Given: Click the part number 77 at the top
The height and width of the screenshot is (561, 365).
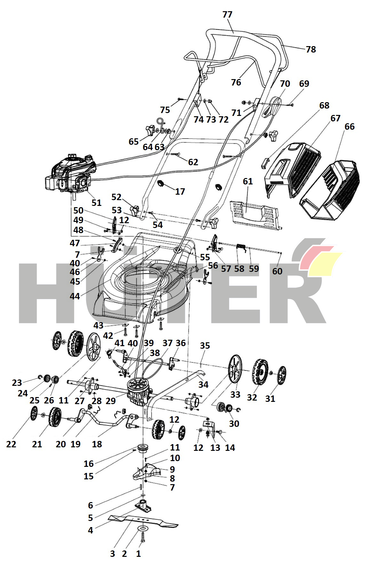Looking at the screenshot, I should (x=227, y=15).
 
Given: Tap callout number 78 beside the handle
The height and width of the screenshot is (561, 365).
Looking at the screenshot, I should (x=311, y=49).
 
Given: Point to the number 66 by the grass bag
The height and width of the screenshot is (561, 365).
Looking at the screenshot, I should (x=349, y=126).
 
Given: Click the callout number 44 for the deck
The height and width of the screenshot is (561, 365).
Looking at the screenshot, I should (x=75, y=296).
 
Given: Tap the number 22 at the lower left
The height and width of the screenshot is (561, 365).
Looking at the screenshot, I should (x=11, y=444).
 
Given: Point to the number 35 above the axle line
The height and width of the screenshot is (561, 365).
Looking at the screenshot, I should (x=205, y=346).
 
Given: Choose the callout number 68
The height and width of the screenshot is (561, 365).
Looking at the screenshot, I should (x=324, y=105).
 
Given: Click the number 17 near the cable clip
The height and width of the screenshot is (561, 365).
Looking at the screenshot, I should (x=180, y=191).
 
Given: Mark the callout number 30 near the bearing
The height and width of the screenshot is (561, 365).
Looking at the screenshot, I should (x=234, y=424).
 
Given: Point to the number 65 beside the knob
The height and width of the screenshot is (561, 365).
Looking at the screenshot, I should (x=134, y=142).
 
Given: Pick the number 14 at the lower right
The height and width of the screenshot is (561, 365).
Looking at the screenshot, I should (x=230, y=448).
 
